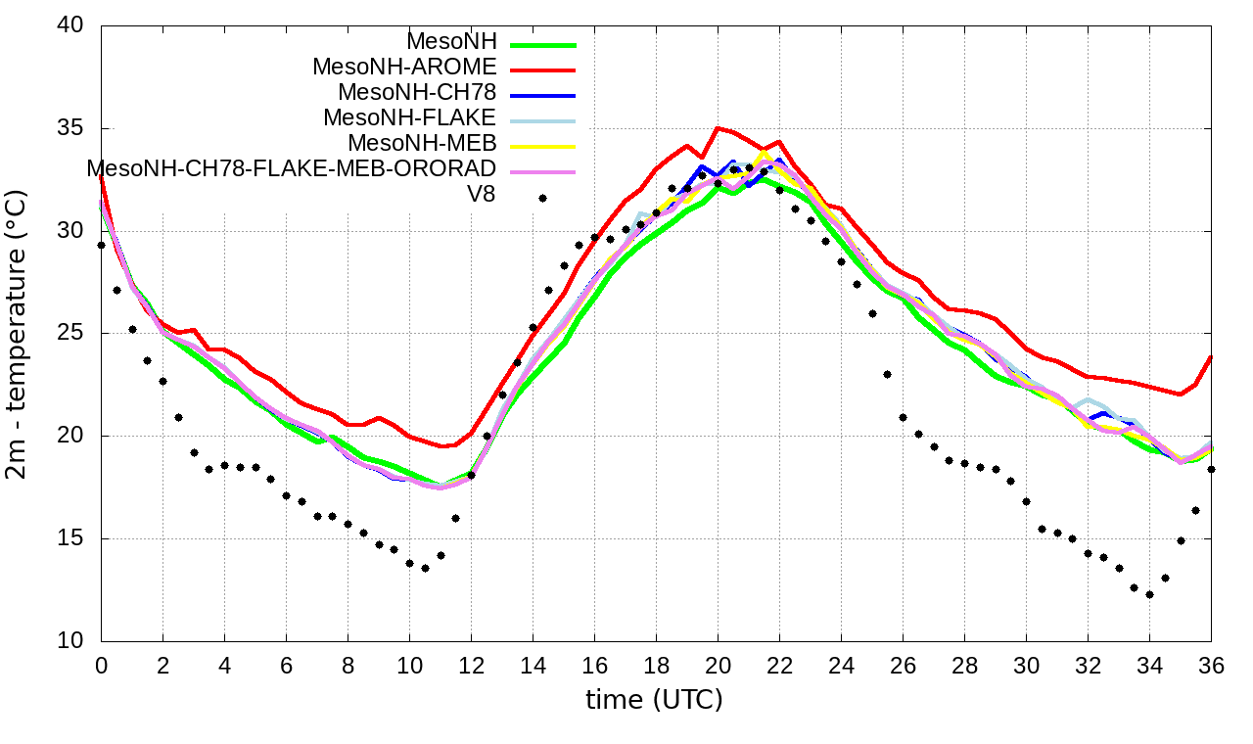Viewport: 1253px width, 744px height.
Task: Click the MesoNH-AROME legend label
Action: (x=404, y=67)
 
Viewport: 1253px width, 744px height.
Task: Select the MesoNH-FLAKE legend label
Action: (x=410, y=117)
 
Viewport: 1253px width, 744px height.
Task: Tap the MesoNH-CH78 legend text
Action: (x=417, y=92)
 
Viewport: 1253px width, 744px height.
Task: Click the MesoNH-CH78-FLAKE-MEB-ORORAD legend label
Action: (x=292, y=168)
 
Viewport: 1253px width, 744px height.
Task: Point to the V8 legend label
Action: (x=481, y=194)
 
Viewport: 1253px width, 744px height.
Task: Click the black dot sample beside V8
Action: (x=541, y=198)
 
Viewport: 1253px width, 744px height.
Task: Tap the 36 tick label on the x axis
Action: (x=1212, y=665)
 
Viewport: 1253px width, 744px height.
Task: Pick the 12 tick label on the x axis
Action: (x=471, y=665)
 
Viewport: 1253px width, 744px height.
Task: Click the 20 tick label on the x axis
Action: (x=718, y=665)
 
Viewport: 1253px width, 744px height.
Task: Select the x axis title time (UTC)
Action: (x=654, y=700)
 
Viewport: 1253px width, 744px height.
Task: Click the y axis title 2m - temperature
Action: (x=17, y=334)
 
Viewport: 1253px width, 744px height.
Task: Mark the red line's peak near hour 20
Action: (x=718, y=128)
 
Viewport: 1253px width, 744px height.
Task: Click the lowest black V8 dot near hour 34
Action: (x=1149, y=594)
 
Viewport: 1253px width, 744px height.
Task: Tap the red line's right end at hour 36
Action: (x=1211, y=357)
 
